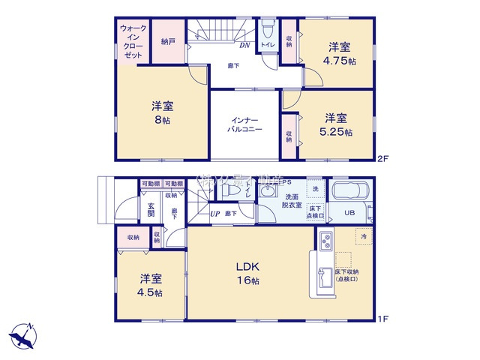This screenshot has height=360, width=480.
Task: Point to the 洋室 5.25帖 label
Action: coord(336,124)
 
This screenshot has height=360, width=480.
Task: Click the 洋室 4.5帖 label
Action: coord(150,286)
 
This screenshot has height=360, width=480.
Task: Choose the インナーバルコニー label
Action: coord(245,124)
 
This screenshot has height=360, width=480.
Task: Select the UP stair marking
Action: coord(215,214)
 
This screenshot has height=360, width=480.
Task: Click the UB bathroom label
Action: coord(349,212)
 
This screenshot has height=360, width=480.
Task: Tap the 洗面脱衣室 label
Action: coord(291,200)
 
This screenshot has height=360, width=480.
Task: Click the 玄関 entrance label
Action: coord(151,209)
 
